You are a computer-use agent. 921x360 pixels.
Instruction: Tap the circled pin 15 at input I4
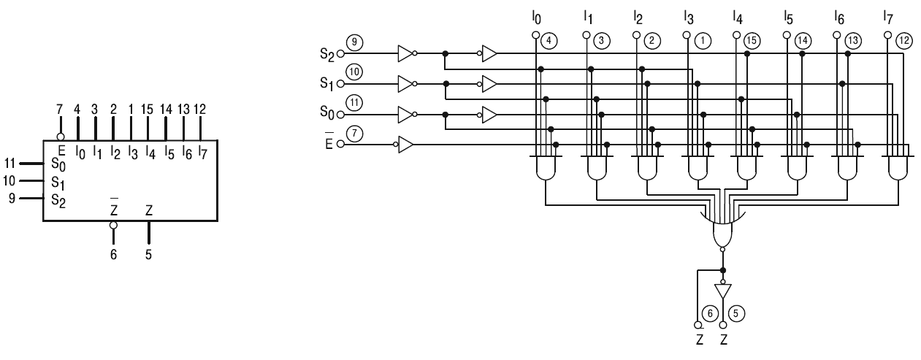click(750, 42)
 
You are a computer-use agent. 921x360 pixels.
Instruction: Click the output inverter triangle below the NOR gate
click(722, 291)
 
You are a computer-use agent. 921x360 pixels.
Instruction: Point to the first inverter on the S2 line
click(406, 53)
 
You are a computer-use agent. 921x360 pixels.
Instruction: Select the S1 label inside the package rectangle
click(57, 181)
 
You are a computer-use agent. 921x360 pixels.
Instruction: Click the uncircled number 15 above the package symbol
click(148, 110)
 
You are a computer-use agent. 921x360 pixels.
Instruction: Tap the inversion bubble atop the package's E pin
click(61, 136)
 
